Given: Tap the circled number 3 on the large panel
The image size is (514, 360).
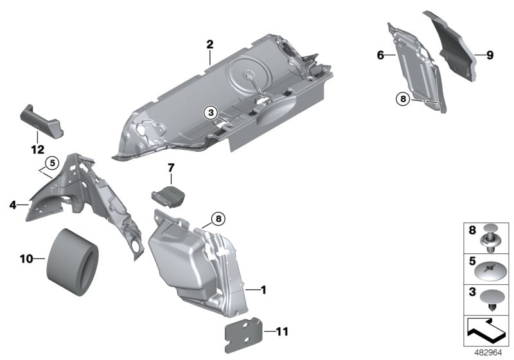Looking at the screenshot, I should (210, 113).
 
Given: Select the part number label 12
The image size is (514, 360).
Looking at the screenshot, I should (37, 150).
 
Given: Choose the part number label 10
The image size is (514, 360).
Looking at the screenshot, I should (26, 260).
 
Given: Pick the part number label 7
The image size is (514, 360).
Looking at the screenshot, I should (171, 168).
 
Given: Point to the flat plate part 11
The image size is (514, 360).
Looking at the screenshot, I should (244, 331).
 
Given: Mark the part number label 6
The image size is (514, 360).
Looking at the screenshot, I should (380, 56).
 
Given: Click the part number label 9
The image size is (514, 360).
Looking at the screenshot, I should (490, 56).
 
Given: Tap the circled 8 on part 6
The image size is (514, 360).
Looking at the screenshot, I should (403, 99).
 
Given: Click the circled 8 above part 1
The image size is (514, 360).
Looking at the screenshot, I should (217, 219).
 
